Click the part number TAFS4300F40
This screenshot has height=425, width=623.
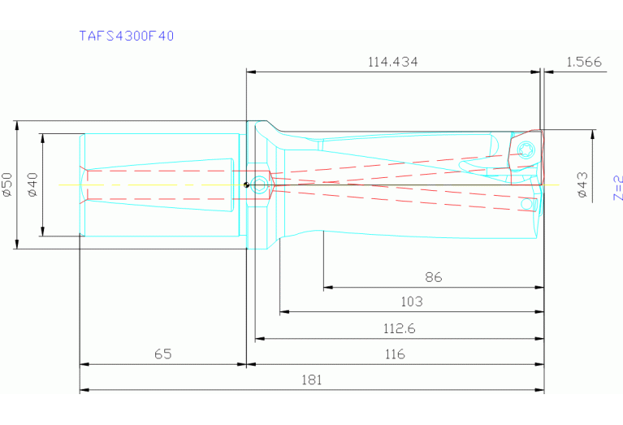pyautogui.click(x=126, y=36)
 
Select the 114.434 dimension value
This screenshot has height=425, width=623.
pyautogui.click(x=392, y=62)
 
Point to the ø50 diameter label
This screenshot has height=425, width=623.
pyautogui.click(x=7, y=184)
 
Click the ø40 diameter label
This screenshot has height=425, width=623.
pyautogui.click(x=32, y=184)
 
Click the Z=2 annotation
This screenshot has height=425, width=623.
pyautogui.click(x=617, y=187)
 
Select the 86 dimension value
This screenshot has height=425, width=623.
pyautogui.click(x=434, y=277)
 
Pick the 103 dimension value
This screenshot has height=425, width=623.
pyautogui.click(x=412, y=301)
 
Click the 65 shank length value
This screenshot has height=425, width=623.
pyautogui.click(x=162, y=354)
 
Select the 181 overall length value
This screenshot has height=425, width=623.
pyautogui.click(x=311, y=379)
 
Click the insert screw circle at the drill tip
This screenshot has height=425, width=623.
pyautogui.click(x=526, y=150)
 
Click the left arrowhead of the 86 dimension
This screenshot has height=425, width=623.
pyautogui.click(x=327, y=287)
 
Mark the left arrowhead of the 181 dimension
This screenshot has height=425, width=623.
pyautogui.click(x=83, y=390)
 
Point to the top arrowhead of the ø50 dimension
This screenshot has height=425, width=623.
pyautogui.click(x=17, y=125)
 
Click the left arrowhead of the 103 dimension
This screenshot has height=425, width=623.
pyautogui.click(x=283, y=311)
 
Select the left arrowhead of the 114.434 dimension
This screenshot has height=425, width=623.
pyautogui.click(x=250, y=72)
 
